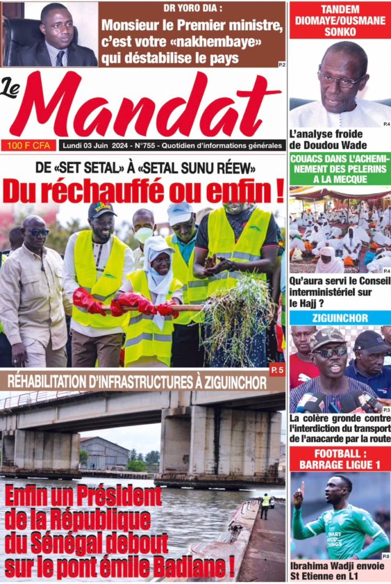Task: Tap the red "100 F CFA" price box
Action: [x=28, y=145]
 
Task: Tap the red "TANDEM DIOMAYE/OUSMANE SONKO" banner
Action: [x=340, y=20]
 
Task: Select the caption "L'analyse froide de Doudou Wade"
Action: [x=328, y=140]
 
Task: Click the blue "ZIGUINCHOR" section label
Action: [x=340, y=318]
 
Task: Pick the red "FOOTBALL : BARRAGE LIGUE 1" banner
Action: [x=340, y=459]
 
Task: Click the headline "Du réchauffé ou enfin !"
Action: [x=143, y=190]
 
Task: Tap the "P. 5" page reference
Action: [x=277, y=371]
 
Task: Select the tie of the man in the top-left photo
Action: [x=59, y=58]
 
